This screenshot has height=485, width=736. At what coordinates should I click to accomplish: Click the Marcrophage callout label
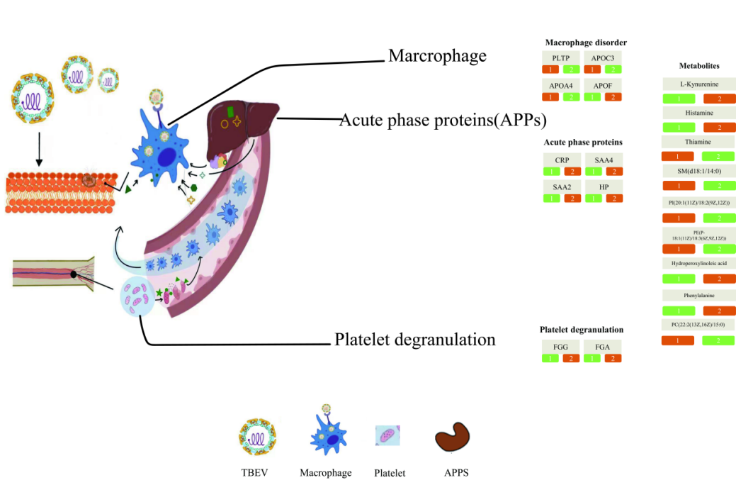pyautogui.click(x=437, y=56)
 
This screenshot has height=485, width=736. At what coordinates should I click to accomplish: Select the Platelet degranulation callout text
pyautogui.click(x=414, y=340)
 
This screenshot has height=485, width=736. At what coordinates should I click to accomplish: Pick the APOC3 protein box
pyautogui.click(x=603, y=57)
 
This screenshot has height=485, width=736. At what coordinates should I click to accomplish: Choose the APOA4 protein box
pyautogui.click(x=560, y=85)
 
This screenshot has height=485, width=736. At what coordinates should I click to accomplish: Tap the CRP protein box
pyautogui.click(x=562, y=160)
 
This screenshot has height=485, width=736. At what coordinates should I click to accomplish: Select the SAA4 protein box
pyautogui.click(x=604, y=160)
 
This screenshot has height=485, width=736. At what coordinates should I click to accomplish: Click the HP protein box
pyautogui.click(x=604, y=186)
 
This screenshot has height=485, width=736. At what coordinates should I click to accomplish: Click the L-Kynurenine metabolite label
pyautogui.click(x=698, y=84)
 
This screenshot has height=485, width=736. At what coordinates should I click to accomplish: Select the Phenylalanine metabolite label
pyautogui.click(x=698, y=296)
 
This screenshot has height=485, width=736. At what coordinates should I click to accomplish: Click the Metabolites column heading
pyautogui.click(x=698, y=66)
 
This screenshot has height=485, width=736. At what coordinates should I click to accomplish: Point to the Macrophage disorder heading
pyautogui.click(x=586, y=43)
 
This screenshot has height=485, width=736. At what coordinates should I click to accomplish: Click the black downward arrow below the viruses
pyautogui.click(x=39, y=154)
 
